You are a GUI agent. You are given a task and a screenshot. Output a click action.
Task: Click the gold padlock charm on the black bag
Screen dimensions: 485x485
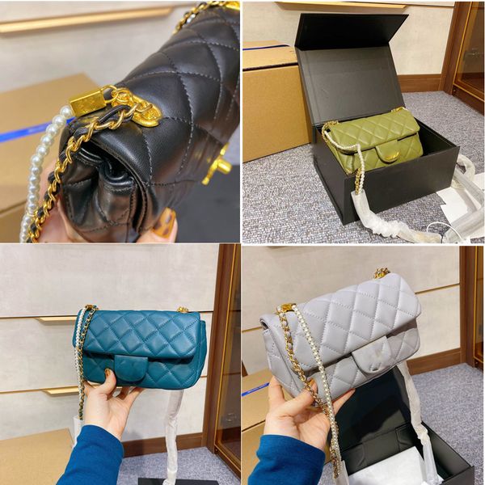[89, 102]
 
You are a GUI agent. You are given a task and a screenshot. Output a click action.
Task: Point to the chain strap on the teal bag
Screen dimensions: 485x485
[81, 356]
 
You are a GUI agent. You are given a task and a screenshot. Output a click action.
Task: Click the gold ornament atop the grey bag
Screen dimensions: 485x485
[381, 273]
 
